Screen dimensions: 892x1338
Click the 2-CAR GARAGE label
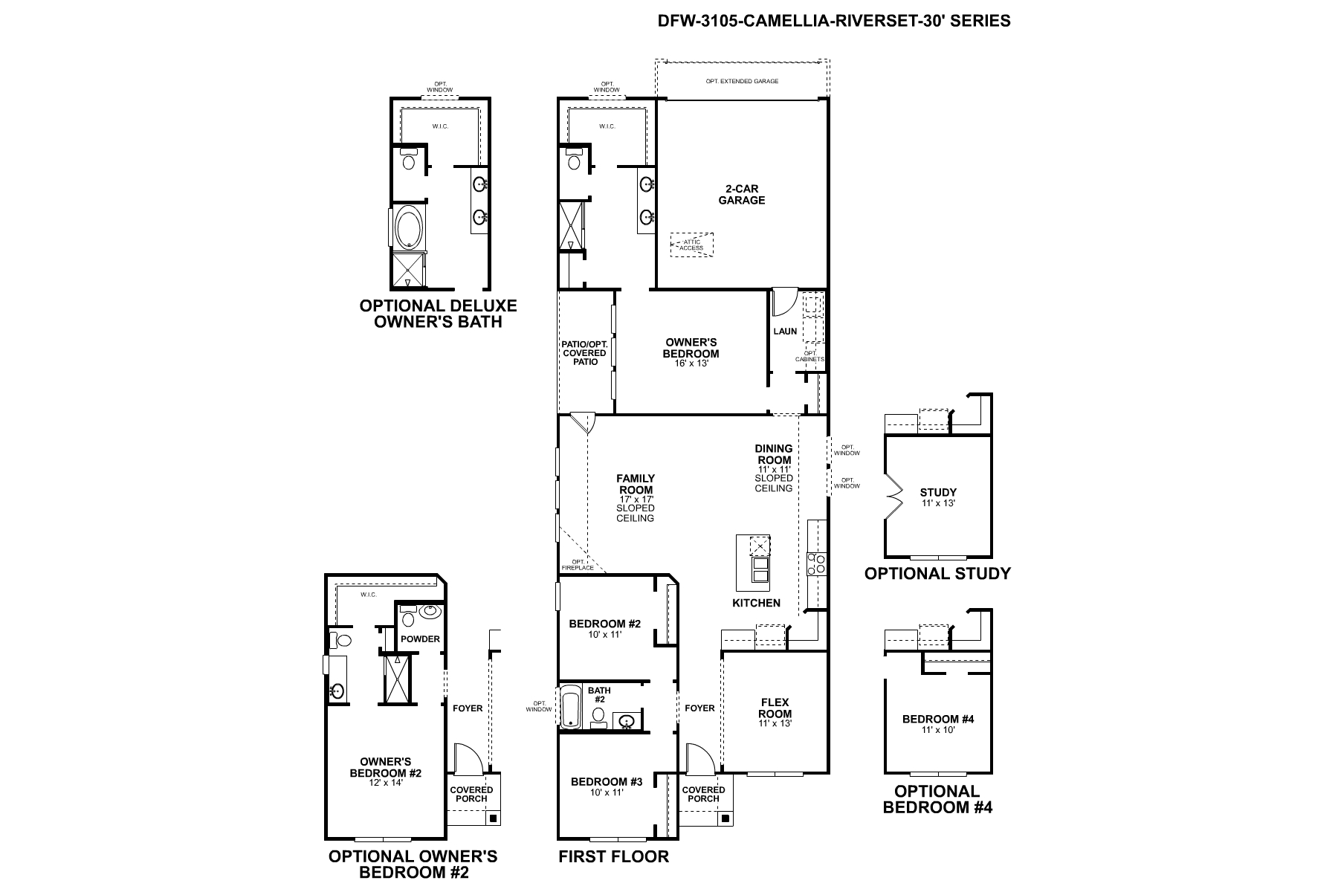click(x=741, y=195)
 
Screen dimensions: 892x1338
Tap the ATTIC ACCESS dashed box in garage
click(x=691, y=245)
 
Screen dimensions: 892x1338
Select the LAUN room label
click(x=785, y=332)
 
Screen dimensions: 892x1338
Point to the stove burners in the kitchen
click(x=816, y=563)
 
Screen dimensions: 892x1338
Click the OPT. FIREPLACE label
click(x=583, y=565)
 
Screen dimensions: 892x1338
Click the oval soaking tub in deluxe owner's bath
click(x=408, y=227)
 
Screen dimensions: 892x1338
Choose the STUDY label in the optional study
click(x=938, y=492)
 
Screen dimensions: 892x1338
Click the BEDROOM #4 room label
click(x=938, y=719)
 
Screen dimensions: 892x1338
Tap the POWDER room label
click(x=420, y=639)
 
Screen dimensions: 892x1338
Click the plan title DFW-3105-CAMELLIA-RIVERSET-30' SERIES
click(x=834, y=21)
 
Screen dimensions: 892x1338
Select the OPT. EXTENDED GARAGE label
click(x=742, y=80)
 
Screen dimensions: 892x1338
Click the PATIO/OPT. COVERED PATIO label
click(x=585, y=352)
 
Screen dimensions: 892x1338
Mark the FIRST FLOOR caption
click(x=613, y=856)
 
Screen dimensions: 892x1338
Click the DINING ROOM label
click(x=774, y=454)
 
